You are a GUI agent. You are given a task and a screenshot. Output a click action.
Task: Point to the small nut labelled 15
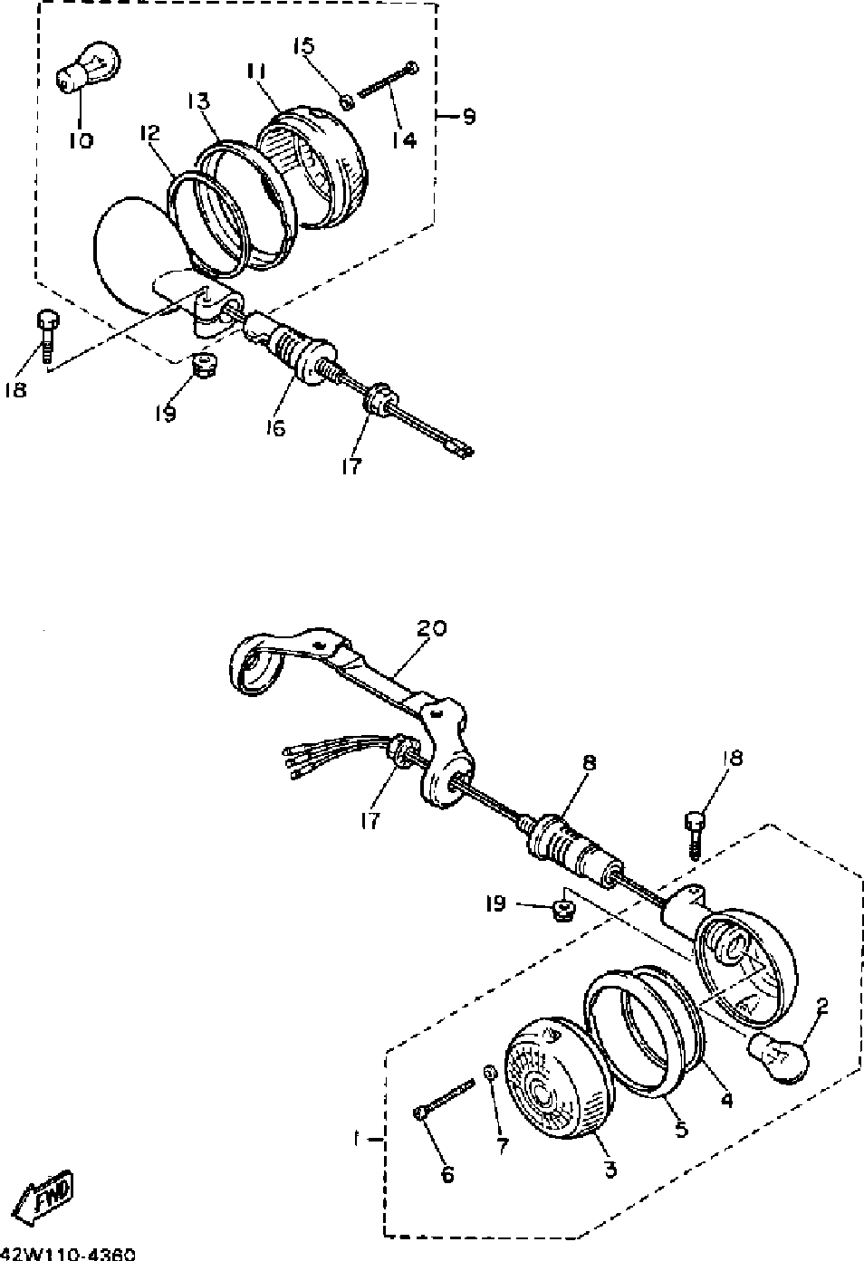point(348,100)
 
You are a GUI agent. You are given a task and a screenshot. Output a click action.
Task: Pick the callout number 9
point(469,116)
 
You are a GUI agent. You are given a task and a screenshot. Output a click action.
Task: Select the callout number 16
point(274,427)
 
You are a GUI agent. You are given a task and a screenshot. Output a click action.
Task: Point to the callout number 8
point(589,763)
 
